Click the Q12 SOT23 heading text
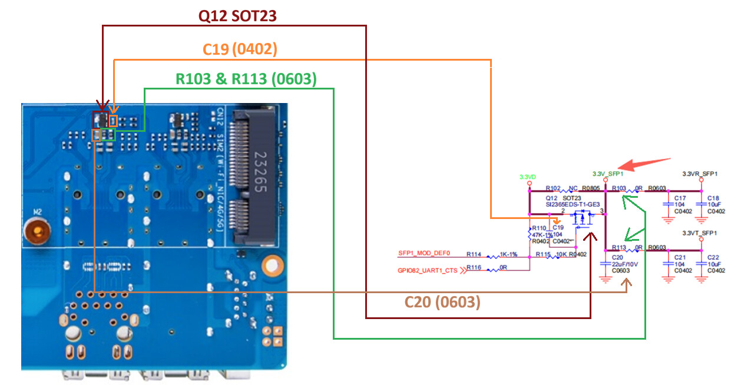click(x=238, y=16)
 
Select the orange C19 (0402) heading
click(x=240, y=49)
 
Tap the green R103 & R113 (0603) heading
click(x=246, y=79)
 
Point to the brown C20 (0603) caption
click(x=442, y=302)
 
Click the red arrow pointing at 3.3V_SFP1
click(x=648, y=164)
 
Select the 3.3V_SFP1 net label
click(x=608, y=174)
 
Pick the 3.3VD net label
click(x=528, y=177)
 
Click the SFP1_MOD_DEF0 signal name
click(x=424, y=254)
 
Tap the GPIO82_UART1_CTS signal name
click(x=428, y=270)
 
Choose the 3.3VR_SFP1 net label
click(x=700, y=174)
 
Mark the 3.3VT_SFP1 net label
click(x=700, y=233)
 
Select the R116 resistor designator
click(x=474, y=267)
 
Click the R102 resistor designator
click(x=553, y=189)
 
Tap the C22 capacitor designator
click(x=713, y=257)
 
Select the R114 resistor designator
click(x=474, y=254)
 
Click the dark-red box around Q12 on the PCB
click(x=101, y=120)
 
